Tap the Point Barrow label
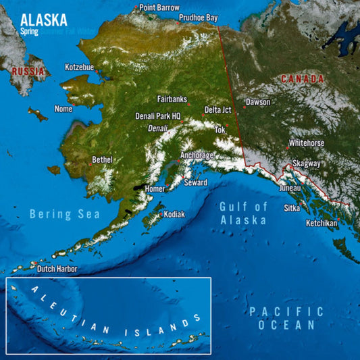159,7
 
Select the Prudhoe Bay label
199,17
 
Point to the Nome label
63,109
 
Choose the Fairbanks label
172,99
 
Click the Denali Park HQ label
158,115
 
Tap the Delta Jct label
217,109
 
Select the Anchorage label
197,155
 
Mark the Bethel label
102,160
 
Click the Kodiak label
174,214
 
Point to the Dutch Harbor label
57,269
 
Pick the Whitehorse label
307,143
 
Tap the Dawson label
257,102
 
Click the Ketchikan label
322,223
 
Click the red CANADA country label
302,79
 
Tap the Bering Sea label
59,214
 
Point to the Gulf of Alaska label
244,213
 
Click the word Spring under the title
30,31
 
